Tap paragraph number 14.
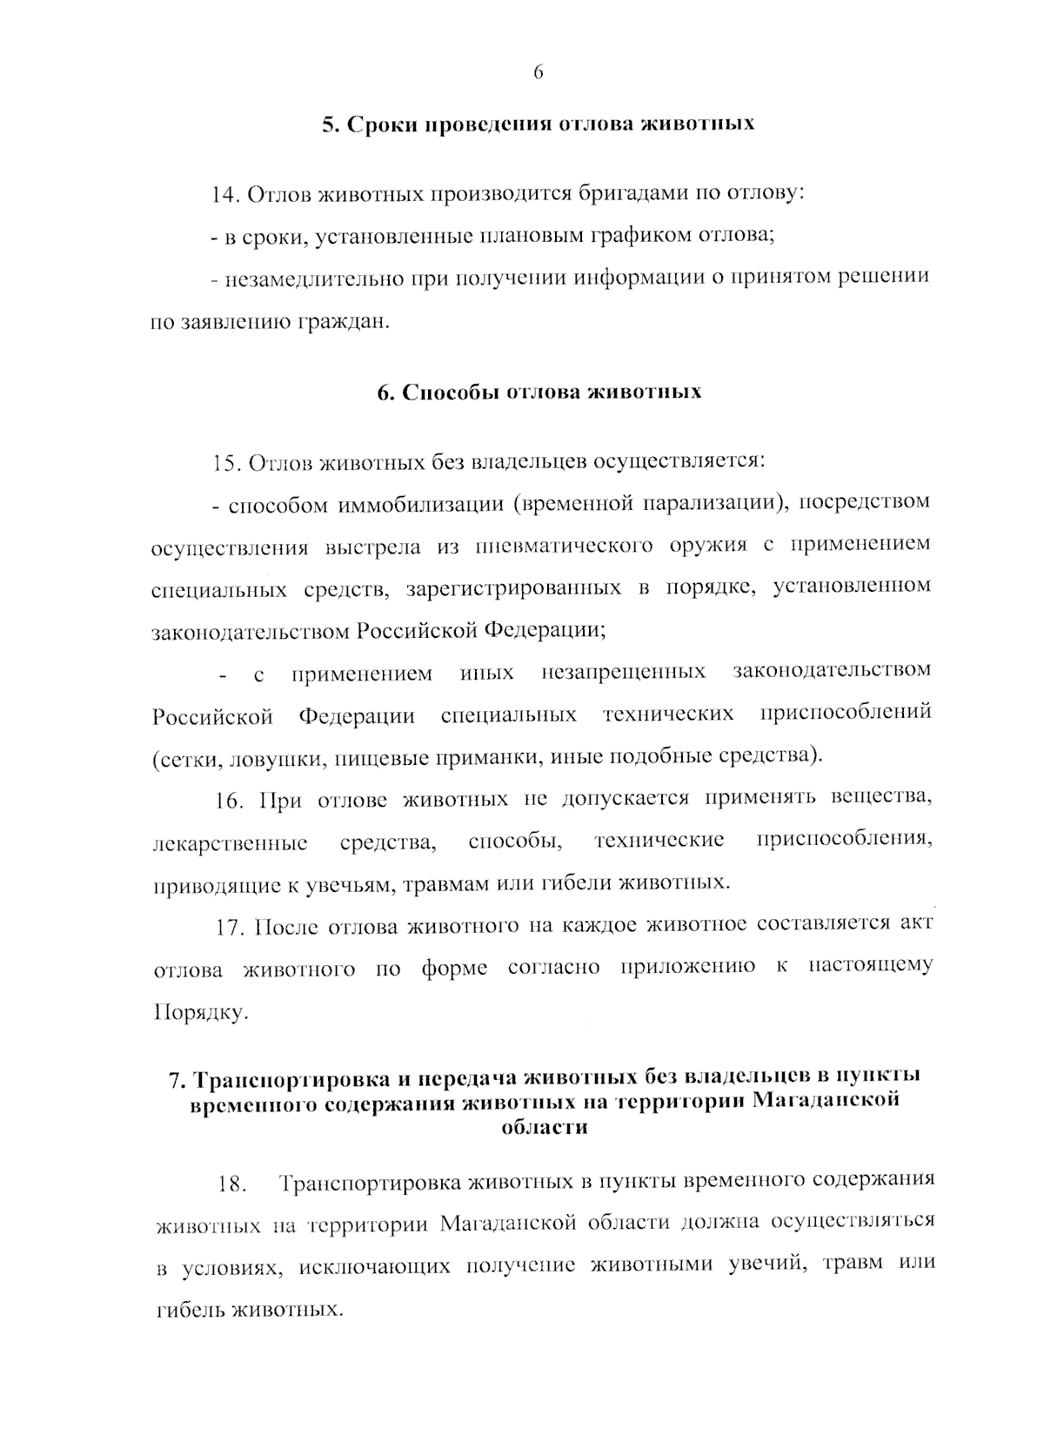(226, 194)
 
